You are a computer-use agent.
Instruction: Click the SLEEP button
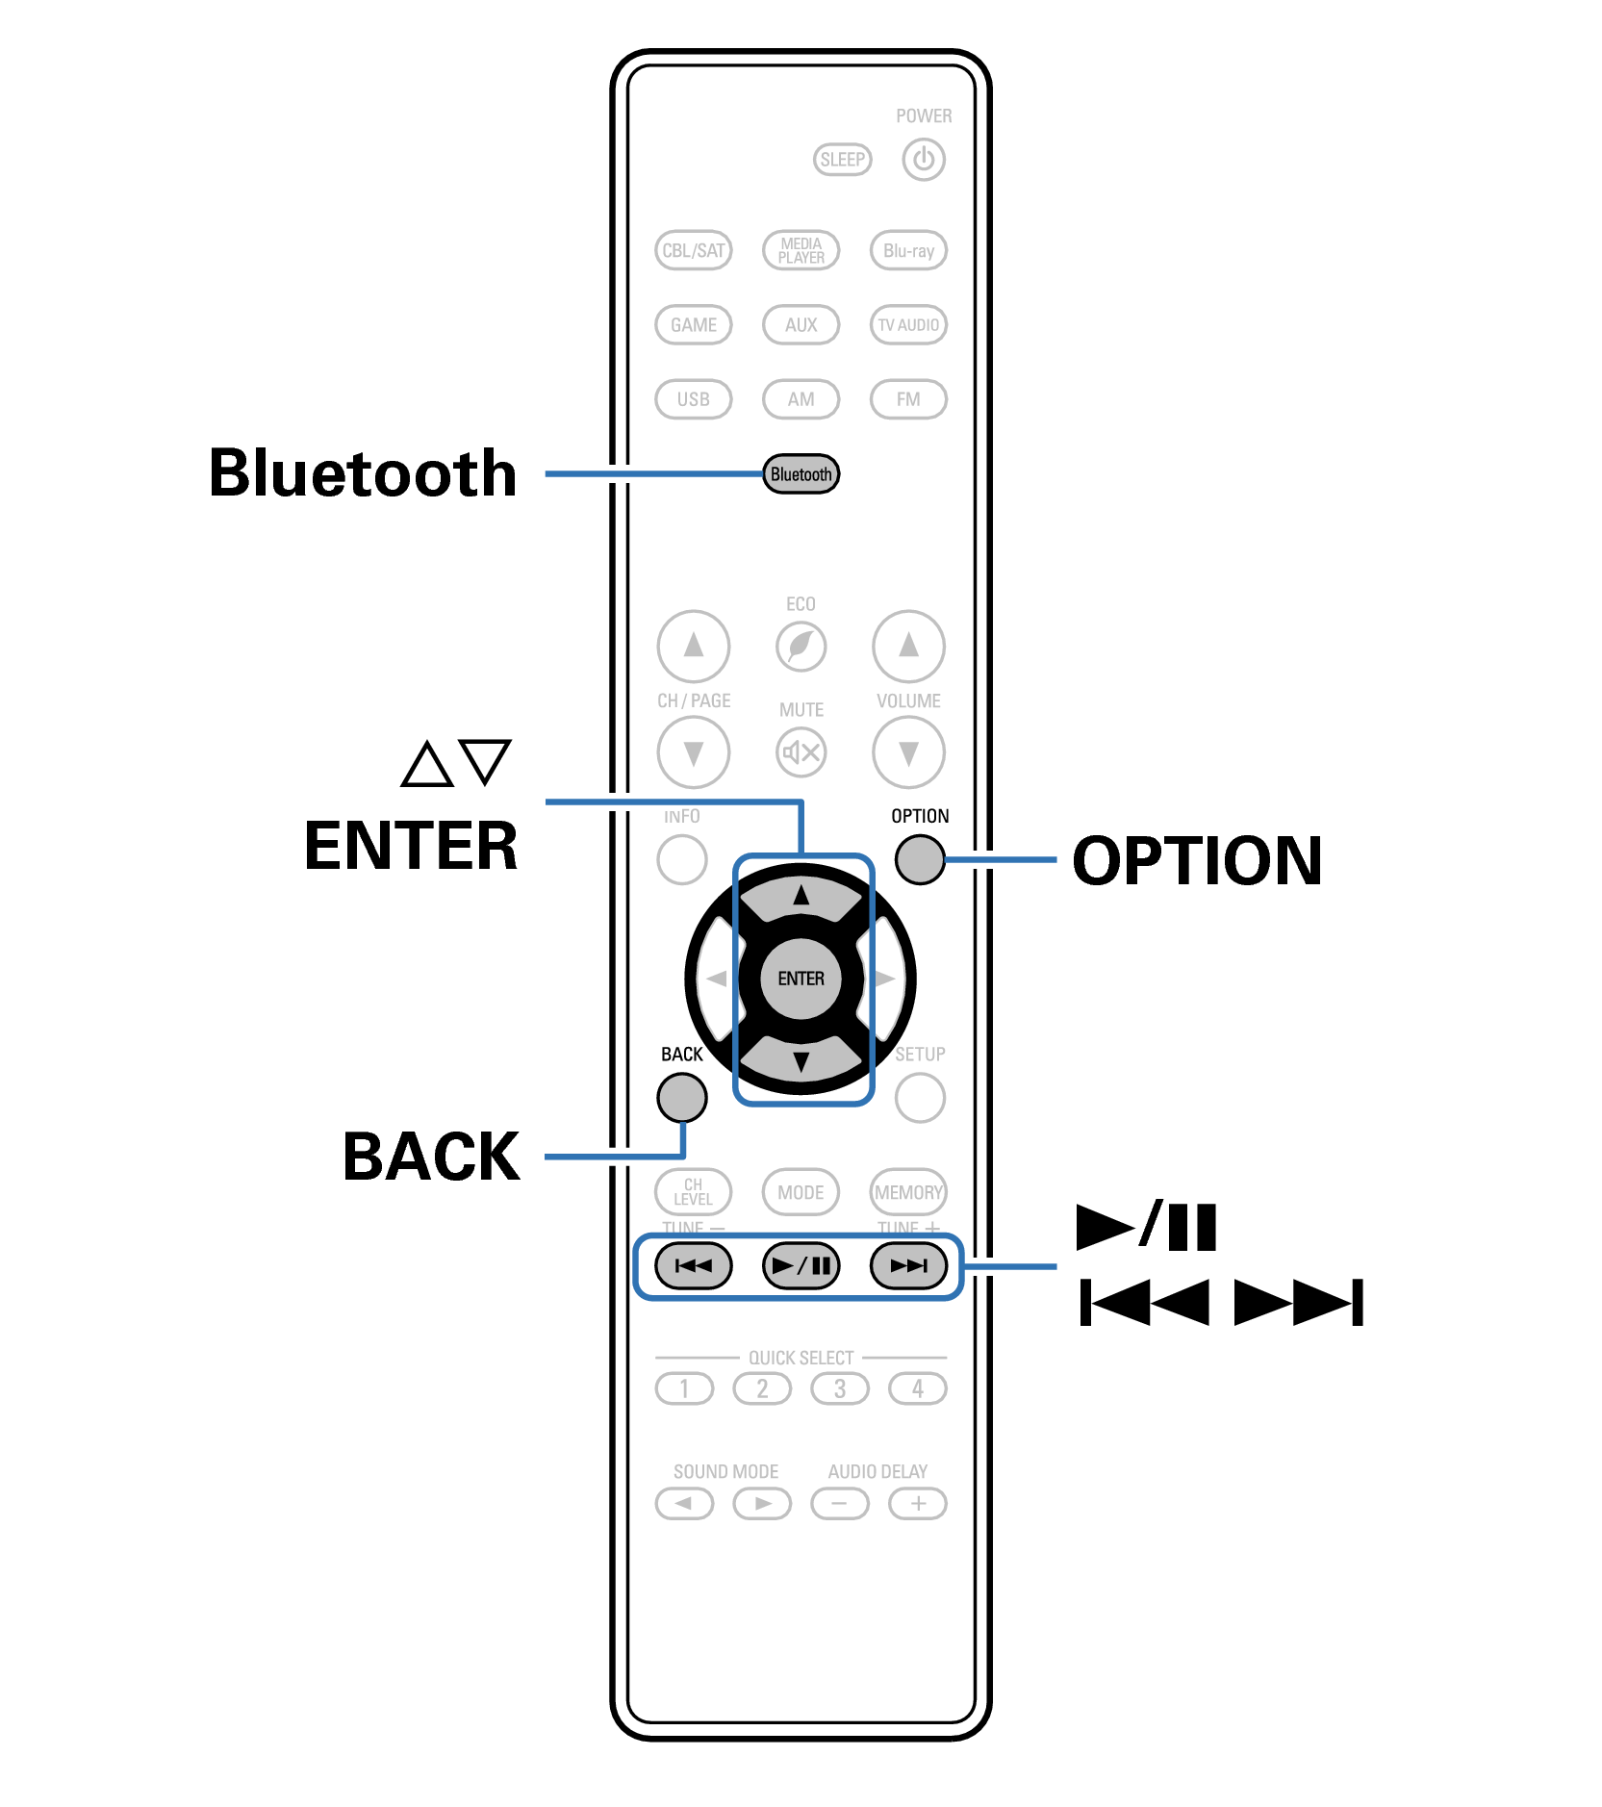coord(842,160)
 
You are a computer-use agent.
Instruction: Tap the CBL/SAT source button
coord(693,250)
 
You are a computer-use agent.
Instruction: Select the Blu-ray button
coord(908,250)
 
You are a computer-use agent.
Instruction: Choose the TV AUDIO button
coord(908,324)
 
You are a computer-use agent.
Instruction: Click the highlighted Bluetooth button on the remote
coord(801,474)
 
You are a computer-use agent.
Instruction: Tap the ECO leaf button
coord(801,646)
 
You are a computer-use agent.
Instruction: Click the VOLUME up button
coord(908,646)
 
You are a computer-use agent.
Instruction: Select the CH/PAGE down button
coord(693,751)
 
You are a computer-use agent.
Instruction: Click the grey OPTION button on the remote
coord(920,859)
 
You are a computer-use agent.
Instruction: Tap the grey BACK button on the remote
coord(682,1098)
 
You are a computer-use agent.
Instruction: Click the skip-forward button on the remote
coord(908,1265)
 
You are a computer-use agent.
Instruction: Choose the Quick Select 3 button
coord(840,1388)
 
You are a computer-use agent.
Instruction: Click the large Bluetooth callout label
coord(363,473)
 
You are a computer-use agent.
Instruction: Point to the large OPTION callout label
coord(1197,860)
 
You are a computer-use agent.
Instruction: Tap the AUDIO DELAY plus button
coord(918,1503)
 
